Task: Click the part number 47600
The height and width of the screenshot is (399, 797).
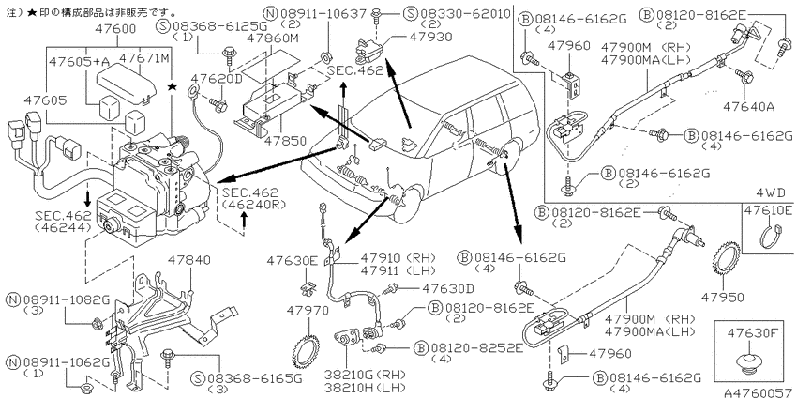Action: (115, 28)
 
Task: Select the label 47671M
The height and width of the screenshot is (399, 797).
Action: (143, 58)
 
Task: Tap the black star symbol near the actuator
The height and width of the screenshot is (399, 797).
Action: (173, 88)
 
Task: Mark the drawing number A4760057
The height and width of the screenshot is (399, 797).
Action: (757, 392)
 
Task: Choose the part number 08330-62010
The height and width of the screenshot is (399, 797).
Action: (463, 14)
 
